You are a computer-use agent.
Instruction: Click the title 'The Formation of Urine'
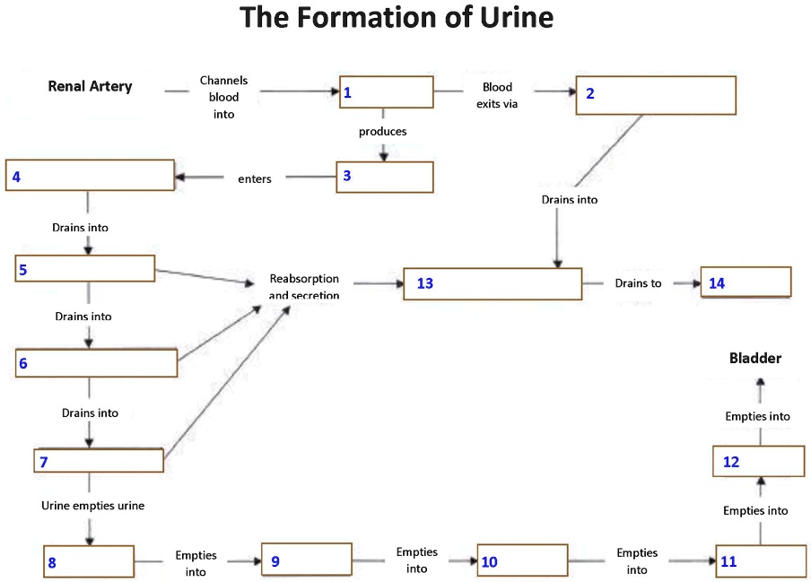coord(397,18)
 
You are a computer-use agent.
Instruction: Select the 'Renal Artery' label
coord(90,87)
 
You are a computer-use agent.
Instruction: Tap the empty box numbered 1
coord(386,92)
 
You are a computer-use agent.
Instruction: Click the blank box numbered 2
coord(656,95)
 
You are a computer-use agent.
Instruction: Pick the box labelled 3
coord(385,177)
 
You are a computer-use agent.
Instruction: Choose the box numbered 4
coord(90,176)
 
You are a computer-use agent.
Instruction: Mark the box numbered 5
coord(86,268)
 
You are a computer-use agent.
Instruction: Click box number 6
coord(97,363)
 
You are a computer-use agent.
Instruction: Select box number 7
coord(99,460)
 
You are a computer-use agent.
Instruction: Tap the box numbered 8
coord(89,560)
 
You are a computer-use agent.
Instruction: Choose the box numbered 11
coord(761,560)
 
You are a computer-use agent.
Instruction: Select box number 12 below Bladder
coord(761,460)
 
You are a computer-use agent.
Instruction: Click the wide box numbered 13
coord(493,283)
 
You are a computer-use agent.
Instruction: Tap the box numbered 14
coord(746,282)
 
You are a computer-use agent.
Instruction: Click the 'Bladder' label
coord(755,359)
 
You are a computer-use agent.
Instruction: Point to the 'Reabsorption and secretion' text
coord(304,287)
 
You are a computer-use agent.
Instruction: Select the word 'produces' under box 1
coord(383,132)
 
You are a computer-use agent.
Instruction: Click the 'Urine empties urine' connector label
coord(92,506)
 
